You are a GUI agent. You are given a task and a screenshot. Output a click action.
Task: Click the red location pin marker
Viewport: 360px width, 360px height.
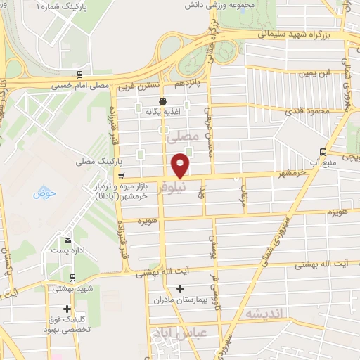tap(181, 166)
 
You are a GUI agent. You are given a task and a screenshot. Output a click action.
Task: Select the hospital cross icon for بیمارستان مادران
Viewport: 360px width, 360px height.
tap(181, 288)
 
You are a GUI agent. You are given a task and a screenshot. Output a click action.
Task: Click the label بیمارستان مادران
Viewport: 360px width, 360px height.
tap(181, 300)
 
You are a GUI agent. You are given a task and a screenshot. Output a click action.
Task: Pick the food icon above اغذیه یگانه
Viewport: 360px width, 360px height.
tap(163, 101)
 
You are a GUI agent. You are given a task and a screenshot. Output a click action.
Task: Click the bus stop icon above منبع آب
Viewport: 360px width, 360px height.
tap(323, 151)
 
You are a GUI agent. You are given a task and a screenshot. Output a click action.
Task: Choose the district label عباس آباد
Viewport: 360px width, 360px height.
tap(180, 332)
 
